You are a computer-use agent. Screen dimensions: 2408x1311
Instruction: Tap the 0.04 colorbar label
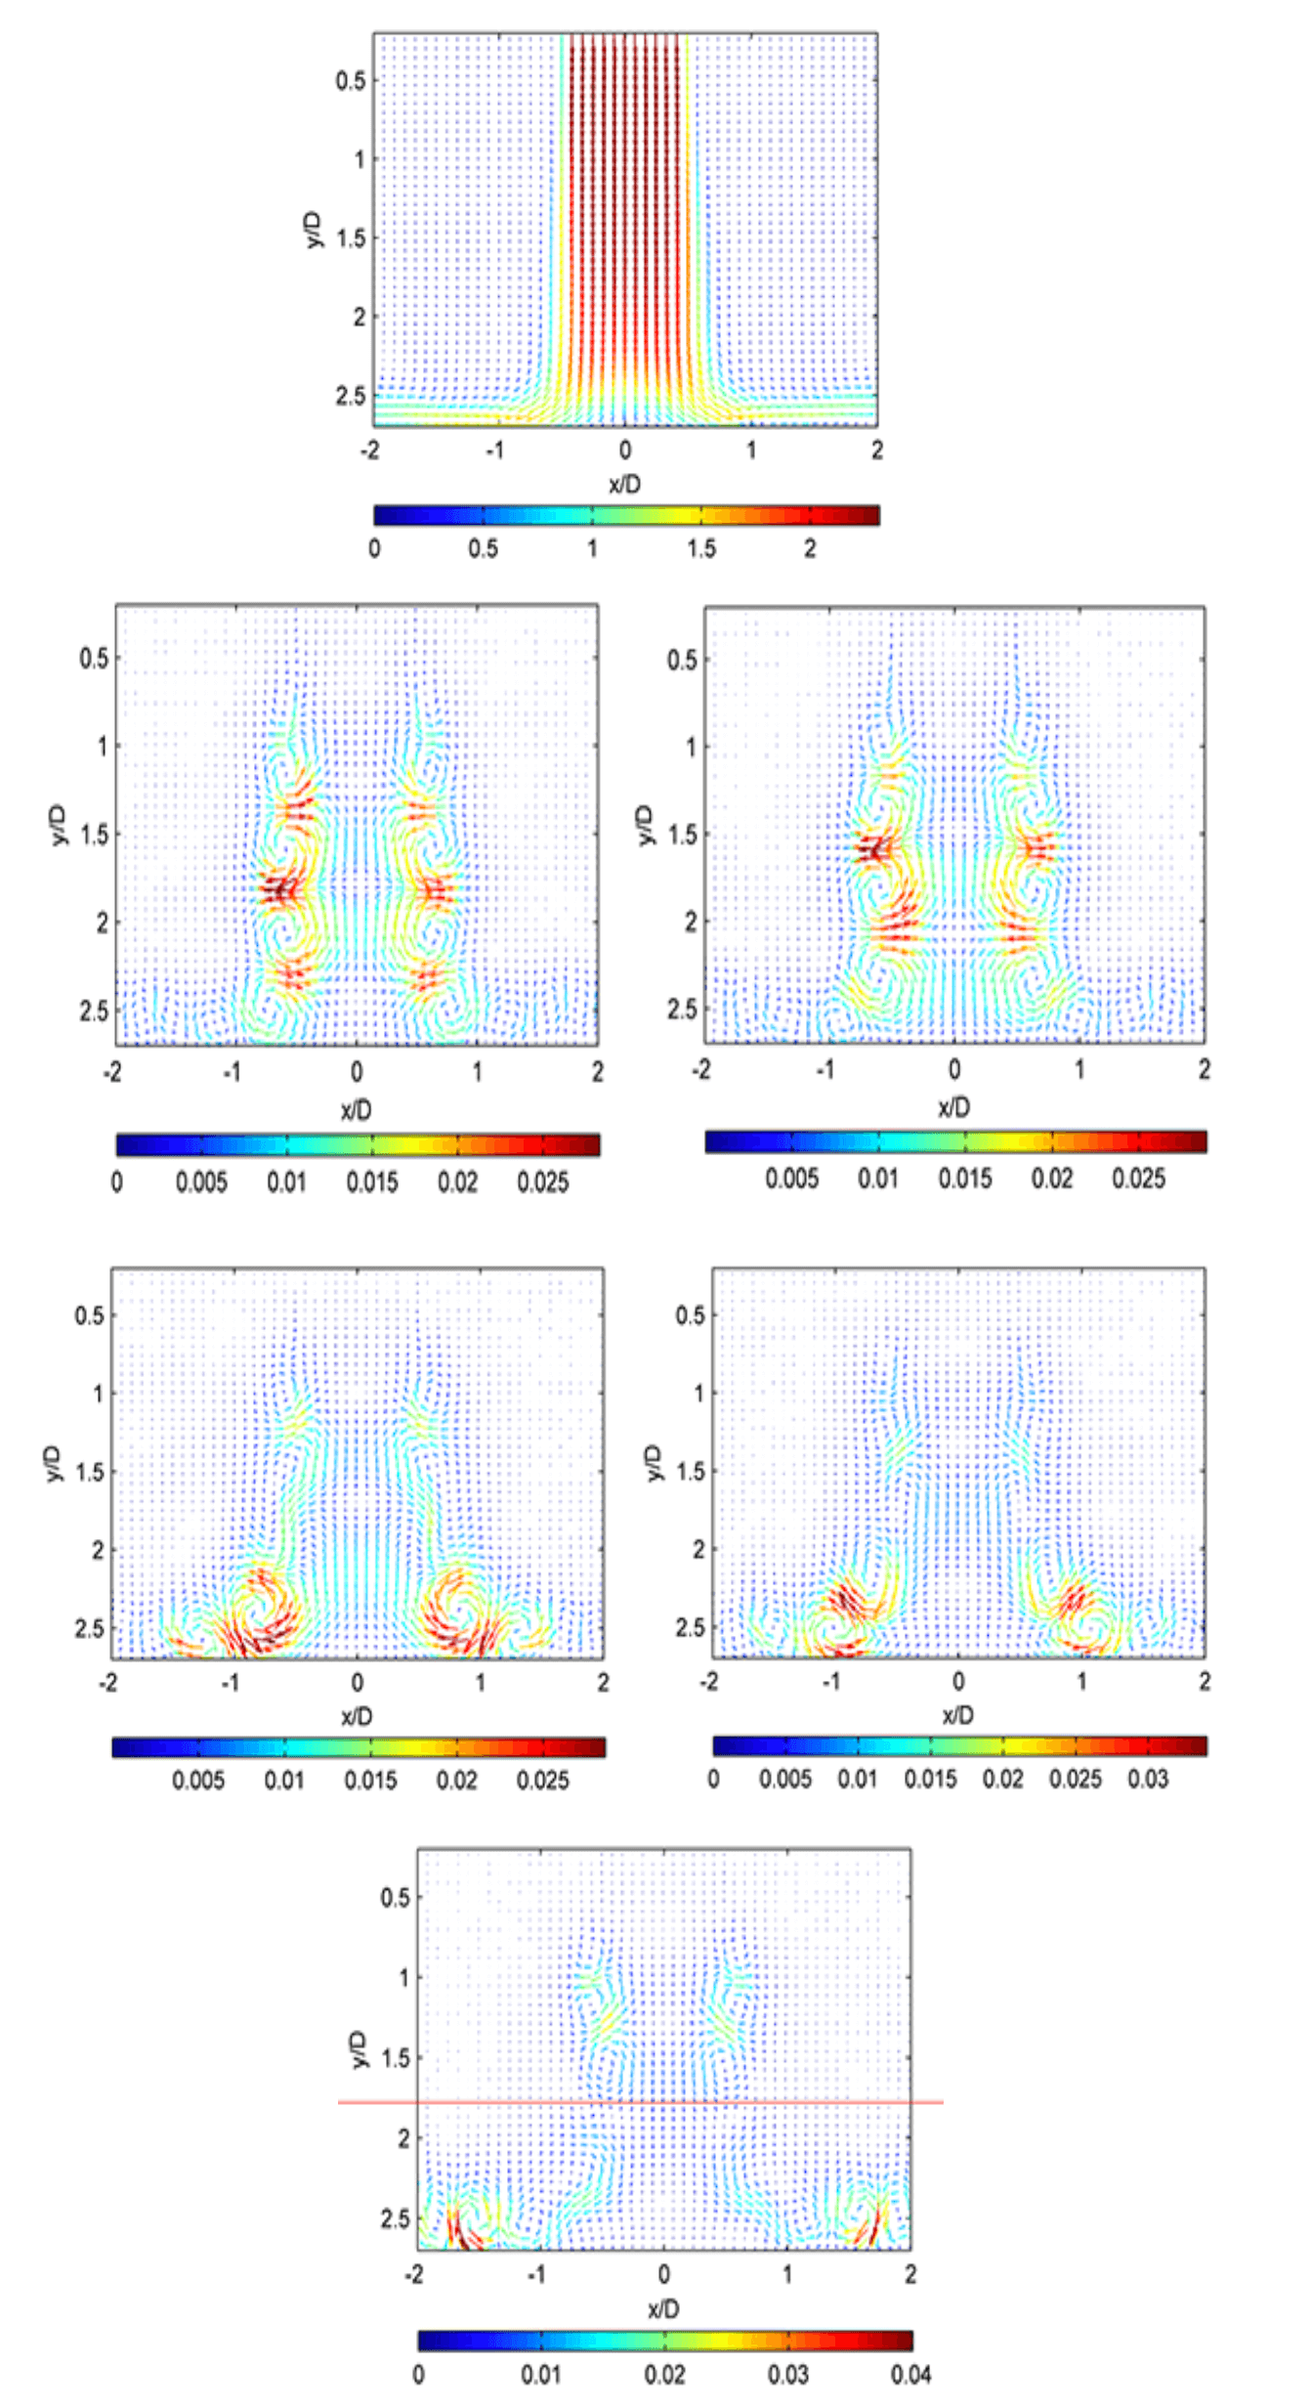point(910,2375)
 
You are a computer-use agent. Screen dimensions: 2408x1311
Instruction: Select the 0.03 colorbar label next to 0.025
point(1148,1779)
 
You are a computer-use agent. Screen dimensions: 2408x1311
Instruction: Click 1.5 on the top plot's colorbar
point(700,548)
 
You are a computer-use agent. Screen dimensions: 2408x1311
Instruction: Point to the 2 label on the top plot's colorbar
point(810,548)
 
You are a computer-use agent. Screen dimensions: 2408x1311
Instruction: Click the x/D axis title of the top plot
point(625,484)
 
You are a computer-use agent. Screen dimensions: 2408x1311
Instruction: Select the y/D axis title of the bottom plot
point(359,2049)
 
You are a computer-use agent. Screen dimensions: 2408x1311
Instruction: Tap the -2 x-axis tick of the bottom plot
point(414,2275)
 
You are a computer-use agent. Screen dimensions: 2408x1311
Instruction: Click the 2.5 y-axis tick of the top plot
point(350,396)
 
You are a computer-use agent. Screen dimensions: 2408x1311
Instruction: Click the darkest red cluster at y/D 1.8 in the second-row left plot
point(280,890)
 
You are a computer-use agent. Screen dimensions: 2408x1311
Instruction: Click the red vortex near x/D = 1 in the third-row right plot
point(1073,1600)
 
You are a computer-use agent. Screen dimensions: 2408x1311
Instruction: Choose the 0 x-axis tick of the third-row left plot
point(358,1682)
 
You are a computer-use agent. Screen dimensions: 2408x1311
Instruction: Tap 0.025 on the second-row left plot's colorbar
point(543,1182)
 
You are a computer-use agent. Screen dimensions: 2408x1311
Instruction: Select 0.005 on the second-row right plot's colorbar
point(791,1179)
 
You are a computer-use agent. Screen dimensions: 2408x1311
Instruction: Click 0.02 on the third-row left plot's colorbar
point(456,1780)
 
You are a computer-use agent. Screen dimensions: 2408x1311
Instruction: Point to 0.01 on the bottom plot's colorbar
point(541,2375)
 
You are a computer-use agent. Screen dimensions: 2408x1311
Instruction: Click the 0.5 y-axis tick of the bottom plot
point(395,1897)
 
